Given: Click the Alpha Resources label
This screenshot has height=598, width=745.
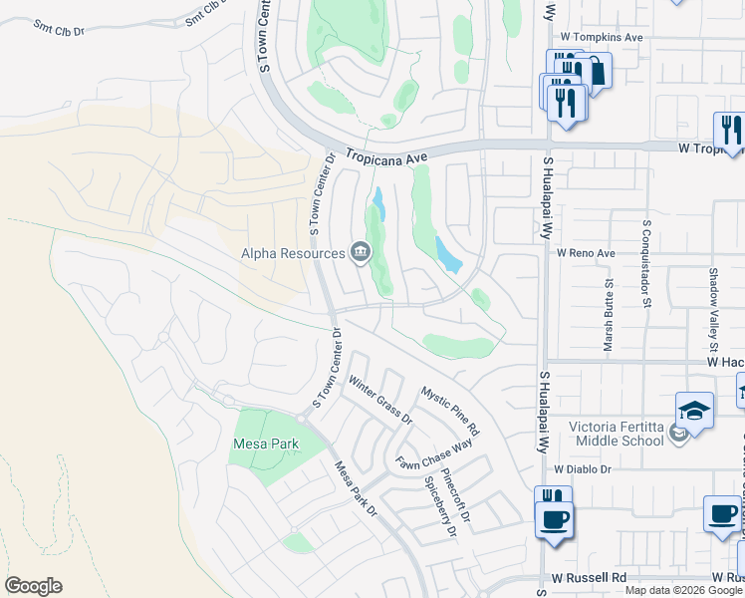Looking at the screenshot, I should click(x=293, y=253).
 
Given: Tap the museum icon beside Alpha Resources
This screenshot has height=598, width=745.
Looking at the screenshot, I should click(x=361, y=253).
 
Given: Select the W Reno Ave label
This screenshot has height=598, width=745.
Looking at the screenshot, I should click(x=586, y=253).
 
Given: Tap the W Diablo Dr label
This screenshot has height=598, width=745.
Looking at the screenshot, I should click(x=583, y=468).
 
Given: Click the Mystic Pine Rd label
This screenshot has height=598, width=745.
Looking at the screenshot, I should click(x=450, y=412).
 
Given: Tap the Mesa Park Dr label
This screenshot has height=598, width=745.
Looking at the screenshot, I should click(x=357, y=488).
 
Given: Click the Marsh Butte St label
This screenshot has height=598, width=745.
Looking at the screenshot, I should click(x=609, y=315).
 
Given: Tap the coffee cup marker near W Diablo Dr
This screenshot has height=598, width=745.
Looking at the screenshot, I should click(x=553, y=518).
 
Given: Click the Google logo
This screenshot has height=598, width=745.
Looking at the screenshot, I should click(x=33, y=586).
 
